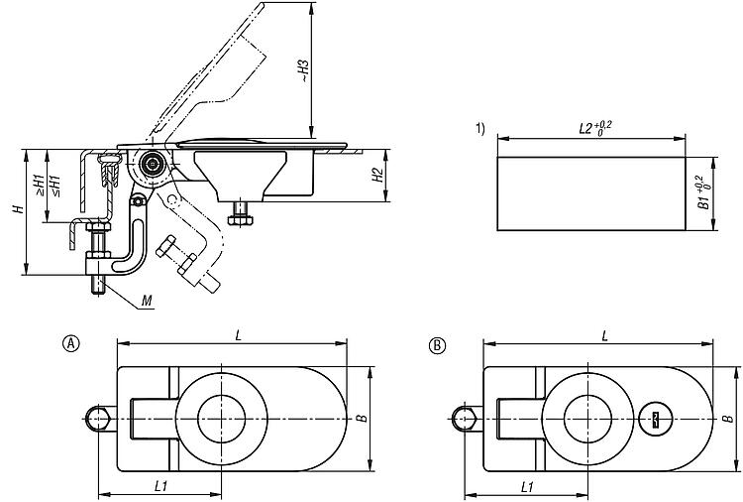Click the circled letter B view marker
(x=436, y=344)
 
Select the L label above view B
(x=604, y=335)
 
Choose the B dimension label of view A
(x=362, y=418)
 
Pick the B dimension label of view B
(x=728, y=419)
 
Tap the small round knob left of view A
(x=97, y=419)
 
